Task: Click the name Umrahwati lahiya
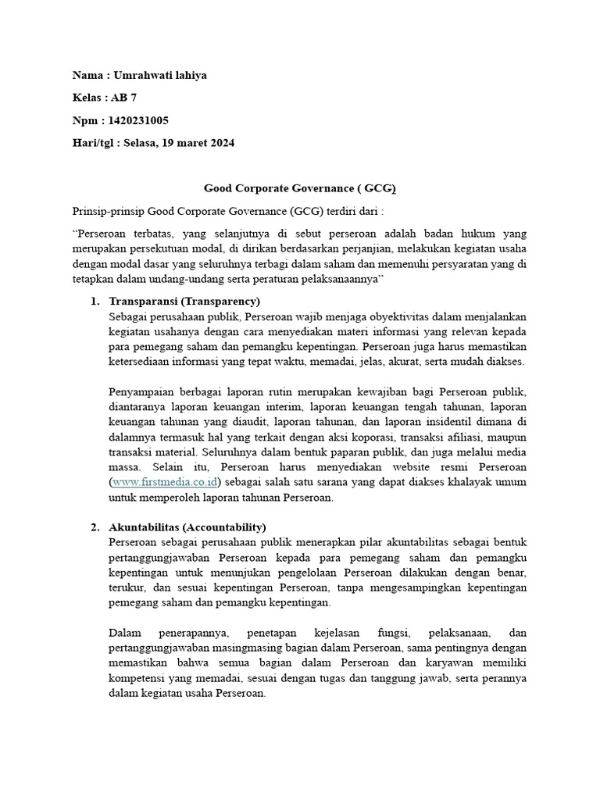[162, 76]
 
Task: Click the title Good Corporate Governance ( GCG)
[300, 188]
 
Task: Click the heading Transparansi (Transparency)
[184, 302]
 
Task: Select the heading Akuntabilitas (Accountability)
[187, 527]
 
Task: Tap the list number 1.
[94, 302]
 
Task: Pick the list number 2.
[94, 527]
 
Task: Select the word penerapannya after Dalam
[195, 632]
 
